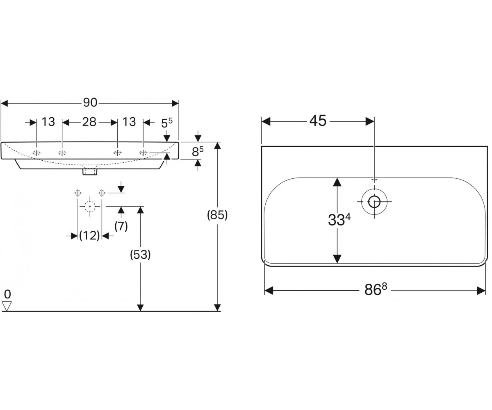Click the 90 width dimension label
pos(90,103)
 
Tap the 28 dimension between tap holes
pos(89,122)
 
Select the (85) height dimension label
pos(217,215)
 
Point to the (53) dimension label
pos(140,255)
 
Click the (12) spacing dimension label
pos(89,235)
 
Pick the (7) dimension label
pos(121,226)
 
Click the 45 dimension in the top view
pos(318,121)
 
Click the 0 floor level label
pos(7,294)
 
